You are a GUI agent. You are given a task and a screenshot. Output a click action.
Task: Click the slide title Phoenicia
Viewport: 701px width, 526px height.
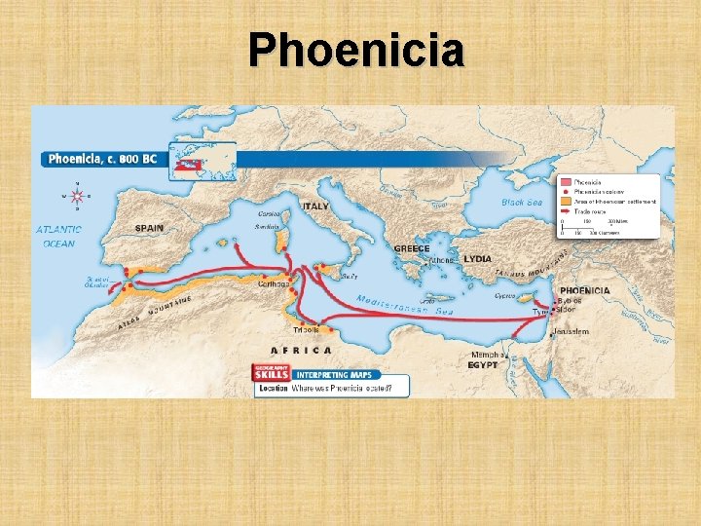[355, 50]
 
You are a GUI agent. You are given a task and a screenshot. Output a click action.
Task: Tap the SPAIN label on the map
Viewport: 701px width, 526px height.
[149, 228]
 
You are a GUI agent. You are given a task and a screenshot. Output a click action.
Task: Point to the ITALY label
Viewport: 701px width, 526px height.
[315, 207]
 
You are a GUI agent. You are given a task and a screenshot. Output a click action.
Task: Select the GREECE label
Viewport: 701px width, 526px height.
[411, 248]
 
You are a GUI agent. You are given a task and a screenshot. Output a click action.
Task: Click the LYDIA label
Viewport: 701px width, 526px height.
[477, 259]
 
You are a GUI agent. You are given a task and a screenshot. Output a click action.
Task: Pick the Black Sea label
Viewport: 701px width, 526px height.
[522, 203]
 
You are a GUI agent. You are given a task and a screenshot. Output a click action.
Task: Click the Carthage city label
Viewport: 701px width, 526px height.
[278, 284]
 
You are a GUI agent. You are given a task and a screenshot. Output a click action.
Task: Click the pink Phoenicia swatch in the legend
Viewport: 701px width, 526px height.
[565, 182]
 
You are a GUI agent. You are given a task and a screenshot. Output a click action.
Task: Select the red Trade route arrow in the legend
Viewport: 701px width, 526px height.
[565, 210]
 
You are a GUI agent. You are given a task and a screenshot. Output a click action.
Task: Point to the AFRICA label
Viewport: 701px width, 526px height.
[301, 350]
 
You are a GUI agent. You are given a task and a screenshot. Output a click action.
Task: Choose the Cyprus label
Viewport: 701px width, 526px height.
[504, 295]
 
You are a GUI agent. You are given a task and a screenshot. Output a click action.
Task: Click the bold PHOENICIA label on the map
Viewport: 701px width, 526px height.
[585, 290]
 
